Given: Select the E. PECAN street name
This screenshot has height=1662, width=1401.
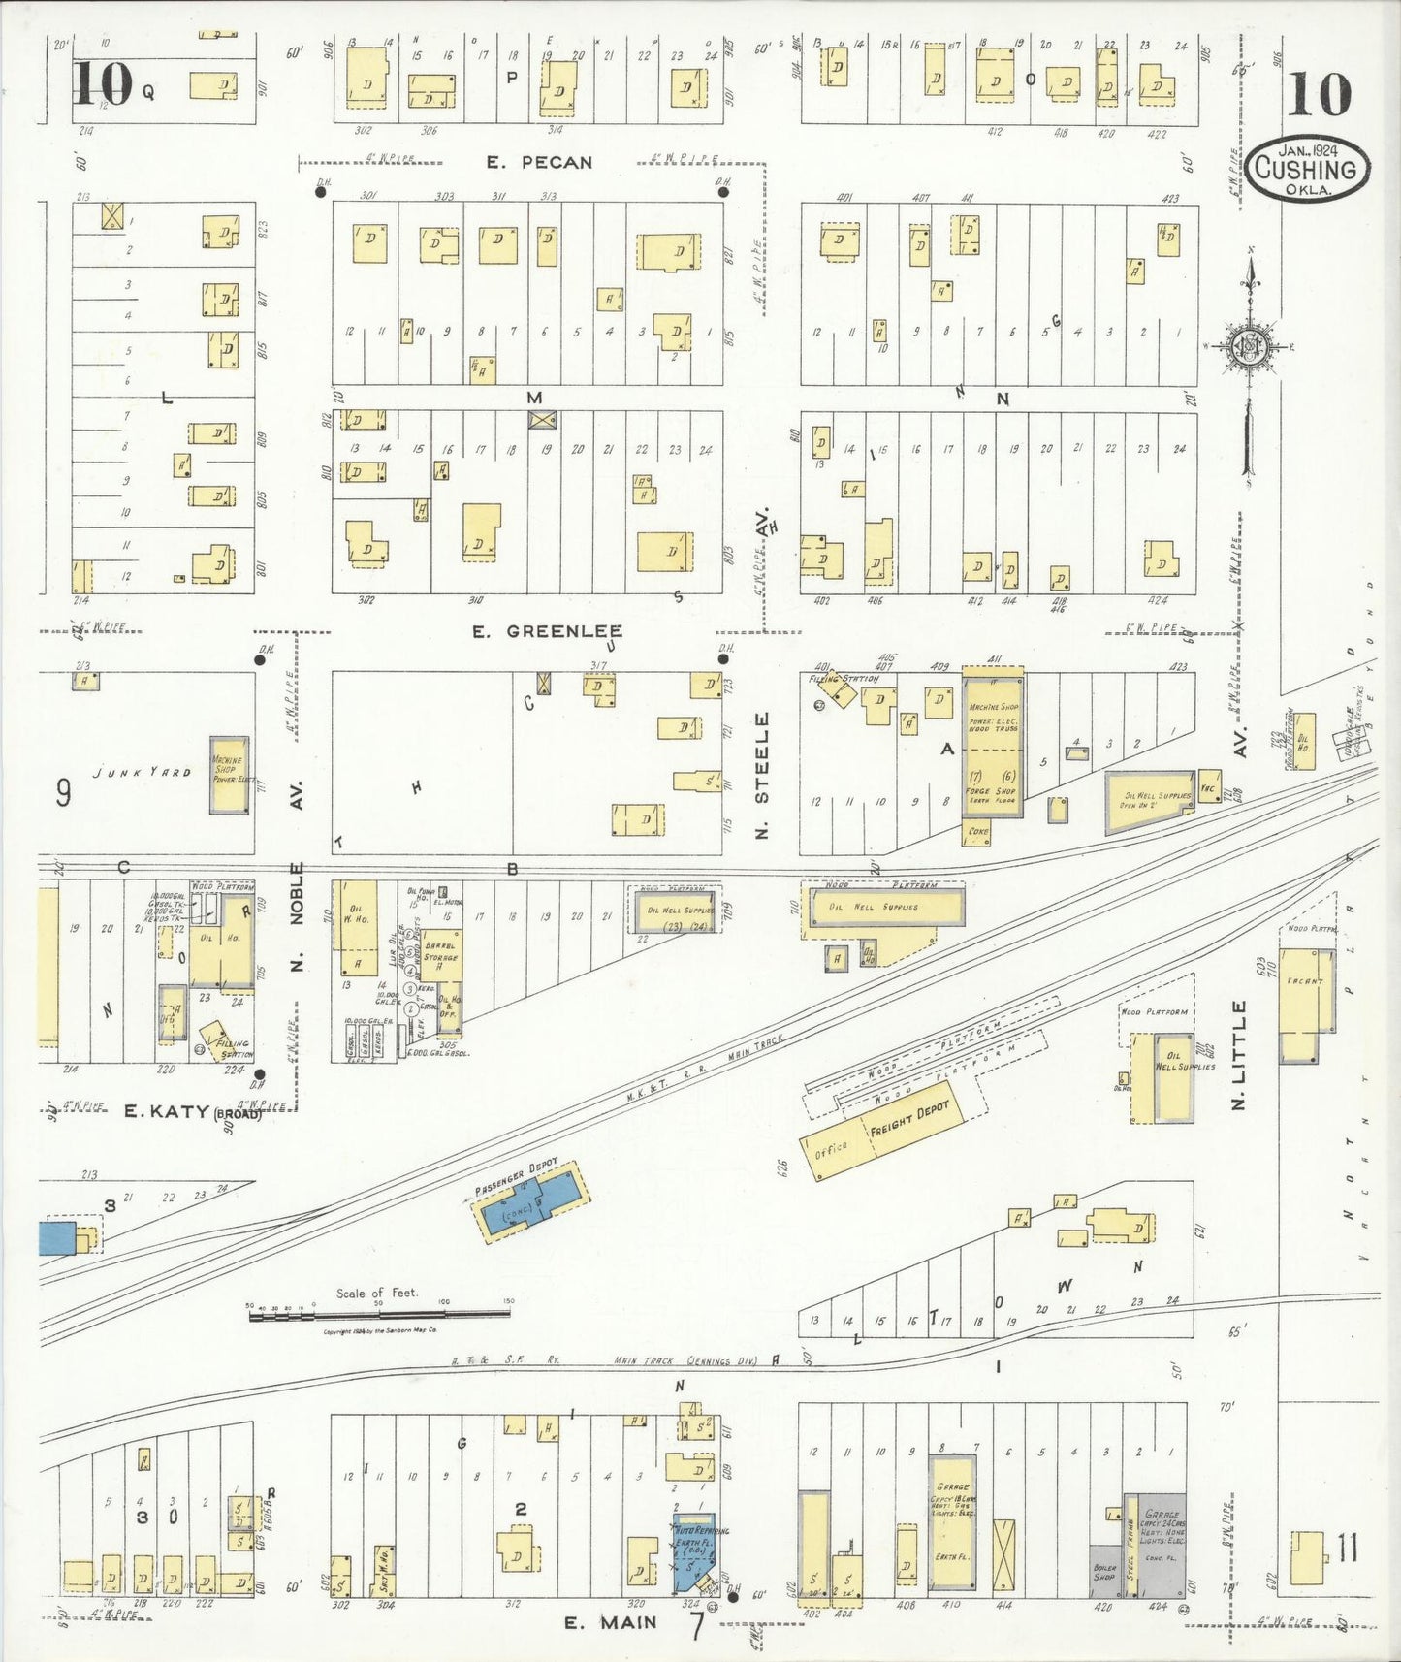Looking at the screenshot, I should [539, 162].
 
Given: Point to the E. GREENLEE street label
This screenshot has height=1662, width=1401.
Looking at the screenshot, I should [547, 632].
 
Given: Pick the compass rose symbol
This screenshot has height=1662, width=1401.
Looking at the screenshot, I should [1250, 347].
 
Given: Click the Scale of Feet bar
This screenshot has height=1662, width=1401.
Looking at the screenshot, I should [378, 1313].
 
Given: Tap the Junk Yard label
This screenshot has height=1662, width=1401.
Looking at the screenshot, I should [143, 772].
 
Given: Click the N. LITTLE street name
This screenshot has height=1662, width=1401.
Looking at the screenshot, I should [1238, 1055].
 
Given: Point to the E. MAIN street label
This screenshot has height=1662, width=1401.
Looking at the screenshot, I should [610, 1622].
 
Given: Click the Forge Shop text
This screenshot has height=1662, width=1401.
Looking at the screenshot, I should [991, 791].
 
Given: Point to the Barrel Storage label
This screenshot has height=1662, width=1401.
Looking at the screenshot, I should [440, 950].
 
